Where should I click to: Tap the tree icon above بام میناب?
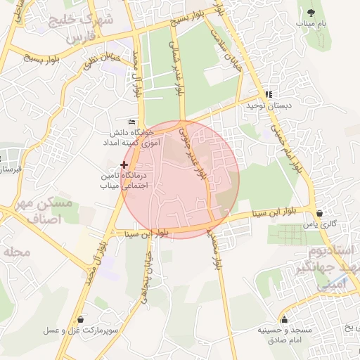[309, 12]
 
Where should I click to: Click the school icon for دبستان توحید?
[268, 94]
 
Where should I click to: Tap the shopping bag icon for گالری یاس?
[320, 213]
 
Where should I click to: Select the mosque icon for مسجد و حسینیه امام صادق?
[283, 319]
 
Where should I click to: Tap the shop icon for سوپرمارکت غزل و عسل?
[82, 319]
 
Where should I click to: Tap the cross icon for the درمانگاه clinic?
[124, 164]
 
